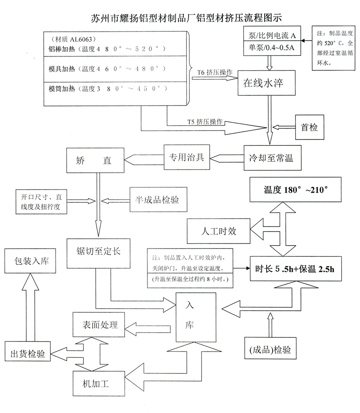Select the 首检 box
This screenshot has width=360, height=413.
[x=309, y=127]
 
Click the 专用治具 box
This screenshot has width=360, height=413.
[x=186, y=157]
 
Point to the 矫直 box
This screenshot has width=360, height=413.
[x=94, y=161]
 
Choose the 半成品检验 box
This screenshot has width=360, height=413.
[x=158, y=200]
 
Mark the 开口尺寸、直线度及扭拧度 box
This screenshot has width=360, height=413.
[x=41, y=202]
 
